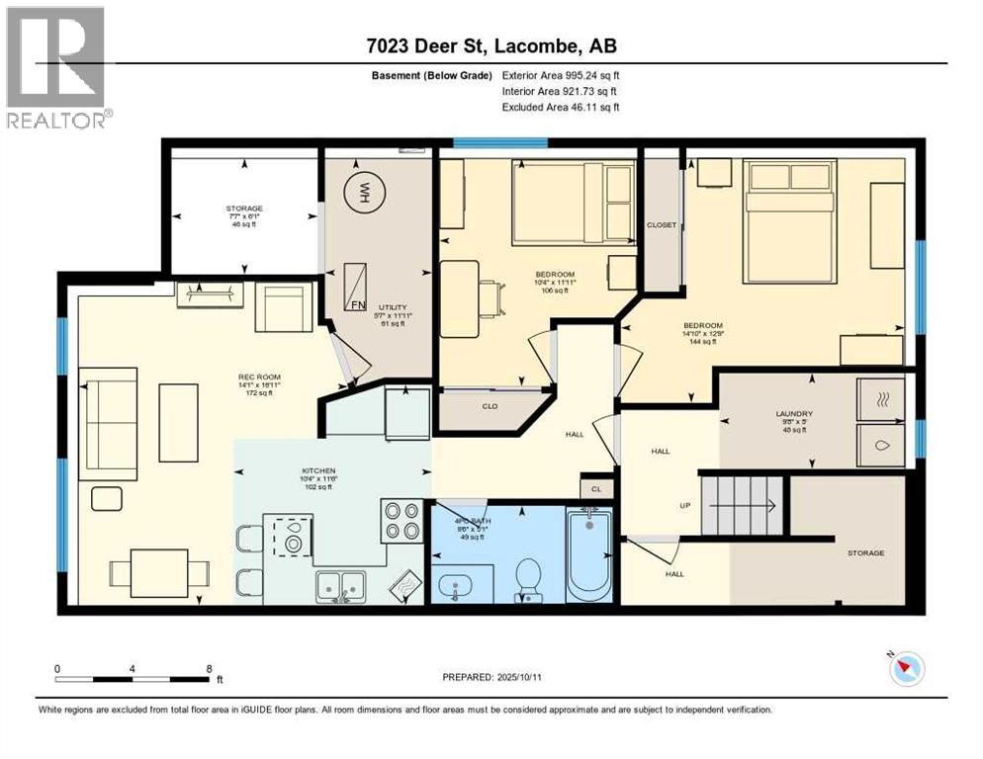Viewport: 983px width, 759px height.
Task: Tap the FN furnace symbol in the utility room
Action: (355, 287)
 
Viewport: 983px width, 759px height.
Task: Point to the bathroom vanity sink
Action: (456, 586)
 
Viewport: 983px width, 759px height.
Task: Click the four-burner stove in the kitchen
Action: (402, 521)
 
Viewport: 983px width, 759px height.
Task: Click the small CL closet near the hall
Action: (595, 488)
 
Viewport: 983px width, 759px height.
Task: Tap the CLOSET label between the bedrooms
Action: (662, 225)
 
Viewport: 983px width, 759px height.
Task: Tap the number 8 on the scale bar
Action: (209, 669)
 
